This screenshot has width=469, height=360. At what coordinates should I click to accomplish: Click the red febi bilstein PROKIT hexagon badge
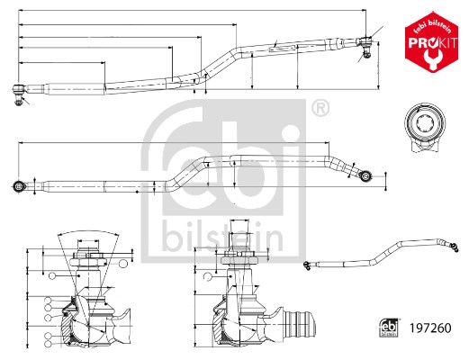[x=431, y=42]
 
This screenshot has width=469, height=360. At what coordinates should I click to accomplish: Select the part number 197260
[x=430, y=328]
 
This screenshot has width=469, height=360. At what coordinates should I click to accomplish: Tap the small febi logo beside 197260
[x=389, y=328]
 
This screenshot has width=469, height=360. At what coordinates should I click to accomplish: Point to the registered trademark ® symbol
[x=320, y=108]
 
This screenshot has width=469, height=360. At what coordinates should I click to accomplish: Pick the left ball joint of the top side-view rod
[x=19, y=94]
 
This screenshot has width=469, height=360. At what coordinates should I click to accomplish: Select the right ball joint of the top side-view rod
[x=365, y=46]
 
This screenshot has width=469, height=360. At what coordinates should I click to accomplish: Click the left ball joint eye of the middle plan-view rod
[x=20, y=186]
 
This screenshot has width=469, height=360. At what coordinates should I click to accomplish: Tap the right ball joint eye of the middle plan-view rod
[x=365, y=176]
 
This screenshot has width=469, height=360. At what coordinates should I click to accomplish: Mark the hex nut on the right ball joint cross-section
[x=239, y=260]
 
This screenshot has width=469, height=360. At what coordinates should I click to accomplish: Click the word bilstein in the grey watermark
[x=222, y=238]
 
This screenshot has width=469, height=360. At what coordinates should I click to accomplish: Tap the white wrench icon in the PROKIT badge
[x=431, y=59]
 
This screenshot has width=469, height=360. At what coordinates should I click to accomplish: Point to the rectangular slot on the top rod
[x=282, y=49]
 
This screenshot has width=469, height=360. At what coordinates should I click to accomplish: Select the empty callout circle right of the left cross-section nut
[x=123, y=264]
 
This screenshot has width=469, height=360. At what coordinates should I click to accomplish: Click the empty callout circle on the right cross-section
[x=208, y=277]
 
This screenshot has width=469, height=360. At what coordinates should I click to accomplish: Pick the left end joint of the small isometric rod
[x=307, y=265]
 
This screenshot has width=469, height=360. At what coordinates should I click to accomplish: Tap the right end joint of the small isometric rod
[x=454, y=247]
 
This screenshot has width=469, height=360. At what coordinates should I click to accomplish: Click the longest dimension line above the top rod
[x=193, y=11]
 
